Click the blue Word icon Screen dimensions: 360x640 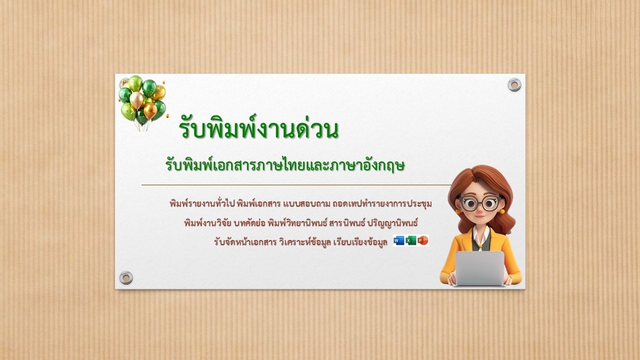(399, 241)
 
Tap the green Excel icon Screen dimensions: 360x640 (411, 241)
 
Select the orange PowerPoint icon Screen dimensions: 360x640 (423, 241)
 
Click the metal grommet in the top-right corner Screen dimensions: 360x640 (514, 85)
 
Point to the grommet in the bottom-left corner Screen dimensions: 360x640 (126, 277)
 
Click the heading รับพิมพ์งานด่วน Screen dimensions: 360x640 (259, 129)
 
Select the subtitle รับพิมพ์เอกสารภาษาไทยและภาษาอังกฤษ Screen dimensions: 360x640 (286, 163)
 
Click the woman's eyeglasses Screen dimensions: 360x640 (479, 203)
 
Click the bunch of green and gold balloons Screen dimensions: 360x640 (142, 100)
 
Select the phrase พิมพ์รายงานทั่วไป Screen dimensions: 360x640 (197, 203)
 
